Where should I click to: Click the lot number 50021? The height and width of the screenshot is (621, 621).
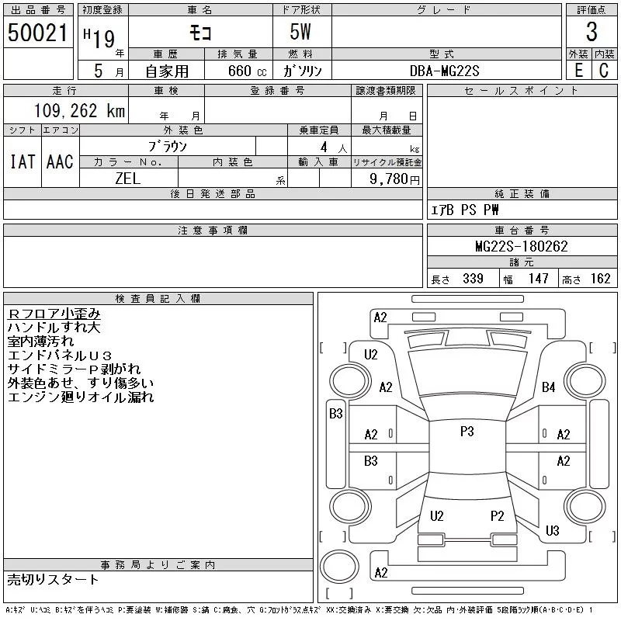(x=37, y=33)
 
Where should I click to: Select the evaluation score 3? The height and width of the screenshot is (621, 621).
(x=591, y=33)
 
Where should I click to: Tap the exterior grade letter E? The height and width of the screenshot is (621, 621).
(x=578, y=71)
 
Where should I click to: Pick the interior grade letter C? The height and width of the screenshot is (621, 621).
(x=603, y=71)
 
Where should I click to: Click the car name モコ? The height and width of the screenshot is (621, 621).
(x=199, y=33)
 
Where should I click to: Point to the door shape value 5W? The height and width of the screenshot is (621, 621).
(x=300, y=33)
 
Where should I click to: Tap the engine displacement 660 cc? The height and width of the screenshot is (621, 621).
(x=237, y=71)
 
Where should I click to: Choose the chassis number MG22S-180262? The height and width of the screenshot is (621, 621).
(x=521, y=247)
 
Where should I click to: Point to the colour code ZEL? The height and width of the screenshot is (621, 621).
(x=127, y=179)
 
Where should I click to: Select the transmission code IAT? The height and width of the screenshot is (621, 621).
(x=22, y=161)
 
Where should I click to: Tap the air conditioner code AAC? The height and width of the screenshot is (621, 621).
(x=60, y=161)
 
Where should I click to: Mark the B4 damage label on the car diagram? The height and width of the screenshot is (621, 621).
(x=549, y=387)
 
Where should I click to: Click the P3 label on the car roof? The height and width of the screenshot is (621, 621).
(x=467, y=432)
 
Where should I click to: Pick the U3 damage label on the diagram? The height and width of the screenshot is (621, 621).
(x=552, y=531)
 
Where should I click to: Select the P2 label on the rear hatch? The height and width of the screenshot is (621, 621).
(x=498, y=516)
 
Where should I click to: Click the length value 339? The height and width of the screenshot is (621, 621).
(x=472, y=279)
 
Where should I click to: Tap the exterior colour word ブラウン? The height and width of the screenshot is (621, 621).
(x=168, y=145)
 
